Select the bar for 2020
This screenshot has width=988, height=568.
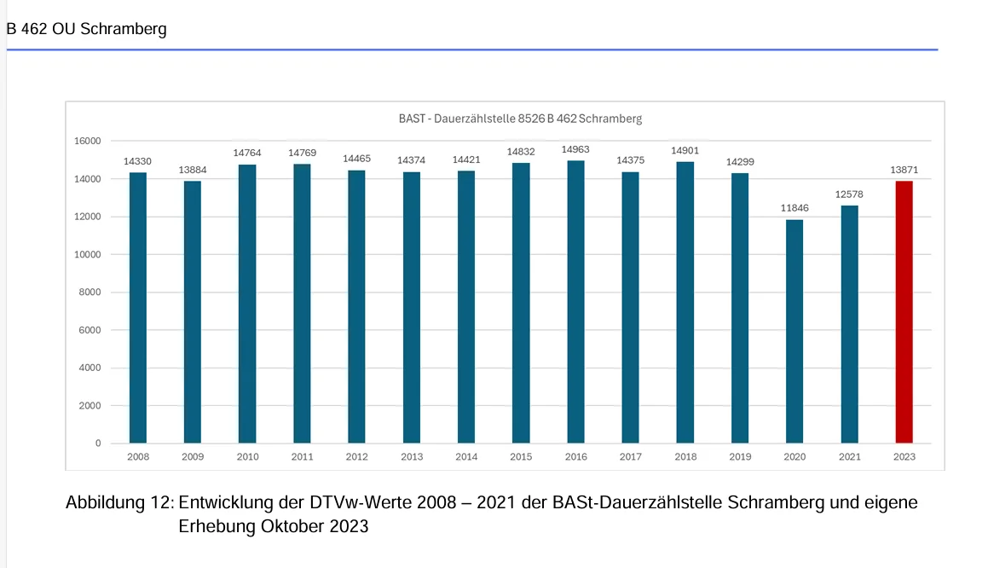[x=794, y=331]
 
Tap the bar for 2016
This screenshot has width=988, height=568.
[x=575, y=302]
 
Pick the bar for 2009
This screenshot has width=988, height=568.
[x=193, y=312]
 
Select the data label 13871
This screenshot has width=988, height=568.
[x=904, y=170]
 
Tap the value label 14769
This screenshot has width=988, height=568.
[x=302, y=153]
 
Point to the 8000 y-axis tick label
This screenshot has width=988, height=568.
[x=88, y=293]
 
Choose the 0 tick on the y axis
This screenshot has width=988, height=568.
[x=97, y=443]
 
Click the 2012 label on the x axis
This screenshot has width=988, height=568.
[x=356, y=457]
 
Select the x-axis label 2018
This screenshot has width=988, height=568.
[x=685, y=457]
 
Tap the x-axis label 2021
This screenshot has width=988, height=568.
[x=849, y=457]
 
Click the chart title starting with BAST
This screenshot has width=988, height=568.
[x=520, y=119]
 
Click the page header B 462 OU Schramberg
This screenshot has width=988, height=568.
[x=86, y=29]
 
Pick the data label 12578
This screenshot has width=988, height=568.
[x=849, y=194]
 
